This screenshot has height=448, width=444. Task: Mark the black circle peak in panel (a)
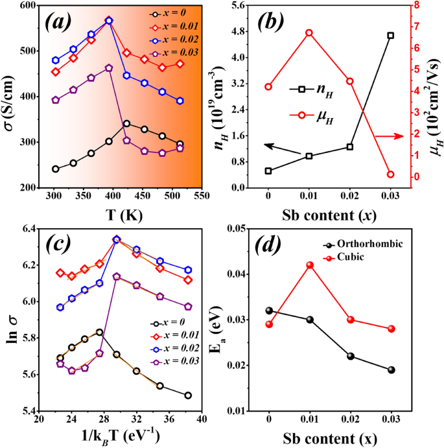pyautogui.click(x=126, y=123)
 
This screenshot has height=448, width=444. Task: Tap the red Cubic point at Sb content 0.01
pyautogui.click(x=309, y=265)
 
